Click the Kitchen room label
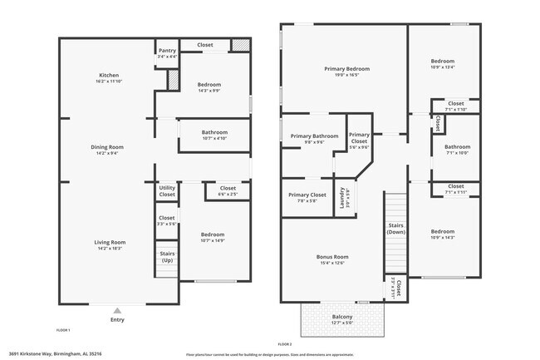pyautogui.click(x=109, y=75)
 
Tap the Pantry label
pyautogui.click(x=167, y=50)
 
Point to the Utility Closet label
pyautogui.click(x=167, y=191)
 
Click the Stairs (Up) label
pyautogui.click(x=167, y=257)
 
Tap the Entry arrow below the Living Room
pyautogui.click(x=115, y=307)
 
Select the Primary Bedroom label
pyautogui.click(x=346, y=68)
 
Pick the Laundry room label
pyautogui.click(x=341, y=199)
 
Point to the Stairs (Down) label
pyautogui.click(x=395, y=228)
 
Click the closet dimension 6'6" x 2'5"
pyautogui.click(x=228, y=195)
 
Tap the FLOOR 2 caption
pyautogui.click(x=284, y=343)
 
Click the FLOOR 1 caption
pyautogui.click(x=63, y=330)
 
